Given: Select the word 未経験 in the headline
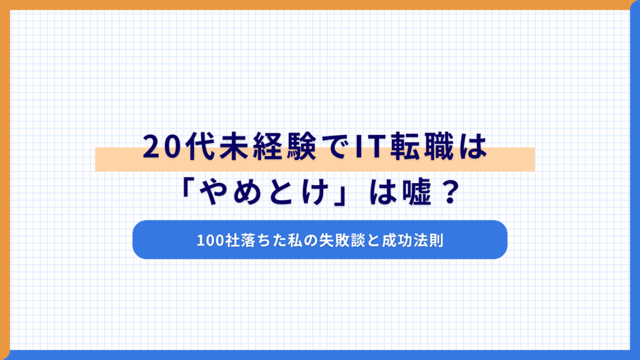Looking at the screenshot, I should [263, 149].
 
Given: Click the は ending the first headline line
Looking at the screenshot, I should [472, 149].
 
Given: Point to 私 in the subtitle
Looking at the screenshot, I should [292, 240].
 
